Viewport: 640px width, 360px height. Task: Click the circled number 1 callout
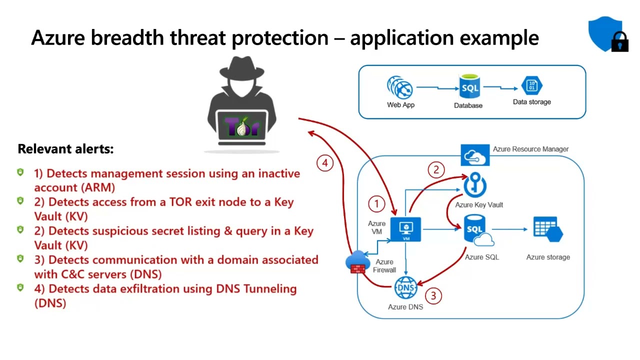coord(376,203)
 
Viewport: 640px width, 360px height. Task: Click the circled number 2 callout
coord(436,170)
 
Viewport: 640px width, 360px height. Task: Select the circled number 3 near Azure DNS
coord(433,295)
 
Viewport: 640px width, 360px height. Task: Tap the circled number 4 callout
coord(325,163)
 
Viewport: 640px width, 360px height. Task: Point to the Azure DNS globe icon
coord(405,288)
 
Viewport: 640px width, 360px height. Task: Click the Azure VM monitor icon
coord(405,229)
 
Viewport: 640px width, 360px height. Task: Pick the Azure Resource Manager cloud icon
coord(475,155)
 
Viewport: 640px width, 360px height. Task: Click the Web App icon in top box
coord(400,88)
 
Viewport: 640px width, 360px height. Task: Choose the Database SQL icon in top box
coord(469,87)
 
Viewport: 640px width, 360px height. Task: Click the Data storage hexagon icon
coord(531,85)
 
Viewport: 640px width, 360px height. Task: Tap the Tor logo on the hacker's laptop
coord(242,127)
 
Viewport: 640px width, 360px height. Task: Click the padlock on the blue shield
coord(620,43)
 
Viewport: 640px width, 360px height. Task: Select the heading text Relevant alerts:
coord(65,149)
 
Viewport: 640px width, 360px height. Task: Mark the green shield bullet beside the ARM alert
coord(20,172)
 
